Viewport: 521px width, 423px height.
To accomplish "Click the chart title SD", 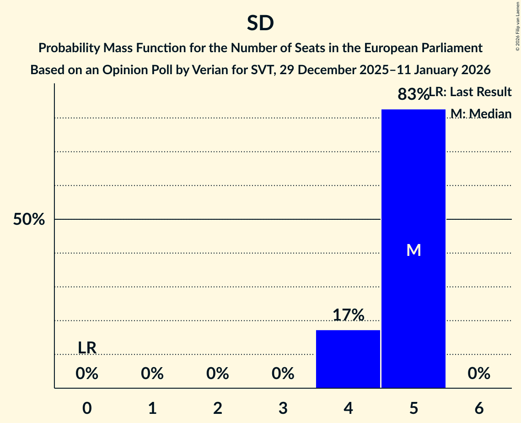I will point(260,23).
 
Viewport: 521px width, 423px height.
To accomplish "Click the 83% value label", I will point(413,94).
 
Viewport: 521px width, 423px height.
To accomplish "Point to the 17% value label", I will point(348,315).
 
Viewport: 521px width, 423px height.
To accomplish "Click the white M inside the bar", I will point(414,250).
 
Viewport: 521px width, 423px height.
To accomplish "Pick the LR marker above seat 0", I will point(87,348).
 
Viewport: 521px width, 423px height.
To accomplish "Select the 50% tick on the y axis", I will point(29,220).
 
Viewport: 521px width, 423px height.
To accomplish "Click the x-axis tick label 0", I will point(87,408).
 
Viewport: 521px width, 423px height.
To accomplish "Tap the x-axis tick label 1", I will point(152,408).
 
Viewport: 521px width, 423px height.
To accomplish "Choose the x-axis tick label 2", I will point(218,408).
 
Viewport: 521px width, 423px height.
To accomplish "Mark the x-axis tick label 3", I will point(283,408).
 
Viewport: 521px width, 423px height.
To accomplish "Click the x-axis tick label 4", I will point(348,408).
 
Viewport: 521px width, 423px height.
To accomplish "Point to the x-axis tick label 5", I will point(414,408).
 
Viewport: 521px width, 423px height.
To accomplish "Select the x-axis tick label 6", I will point(479,408).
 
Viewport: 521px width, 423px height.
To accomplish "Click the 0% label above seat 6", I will point(479,374).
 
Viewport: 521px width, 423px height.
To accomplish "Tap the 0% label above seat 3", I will point(283,374).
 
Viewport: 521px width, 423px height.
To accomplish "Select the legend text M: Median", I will point(481,114).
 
